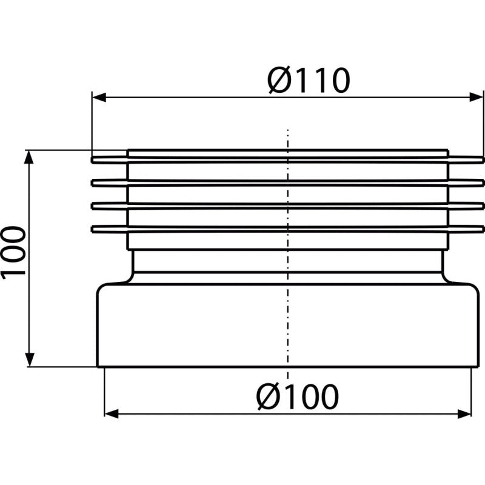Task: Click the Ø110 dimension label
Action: tap(309, 80)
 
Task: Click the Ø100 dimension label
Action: tap(298, 397)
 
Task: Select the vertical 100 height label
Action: tap(13, 252)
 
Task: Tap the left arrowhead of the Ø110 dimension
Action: tap(99, 97)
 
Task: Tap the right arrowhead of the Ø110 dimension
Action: tap(476, 97)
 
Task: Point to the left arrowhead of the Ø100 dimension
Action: tap(112, 413)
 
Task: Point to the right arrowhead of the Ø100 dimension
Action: tap(464, 413)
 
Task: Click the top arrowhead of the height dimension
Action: tap(29, 157)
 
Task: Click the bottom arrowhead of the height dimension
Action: tap(29, 360)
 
